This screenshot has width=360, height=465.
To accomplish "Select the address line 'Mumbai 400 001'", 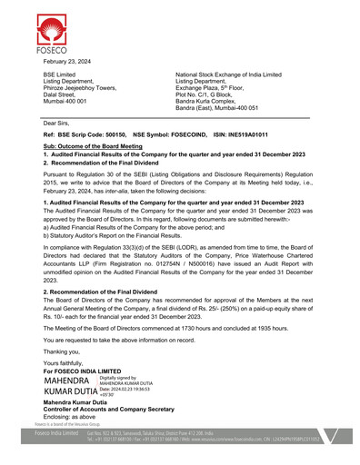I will click(67, 101).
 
